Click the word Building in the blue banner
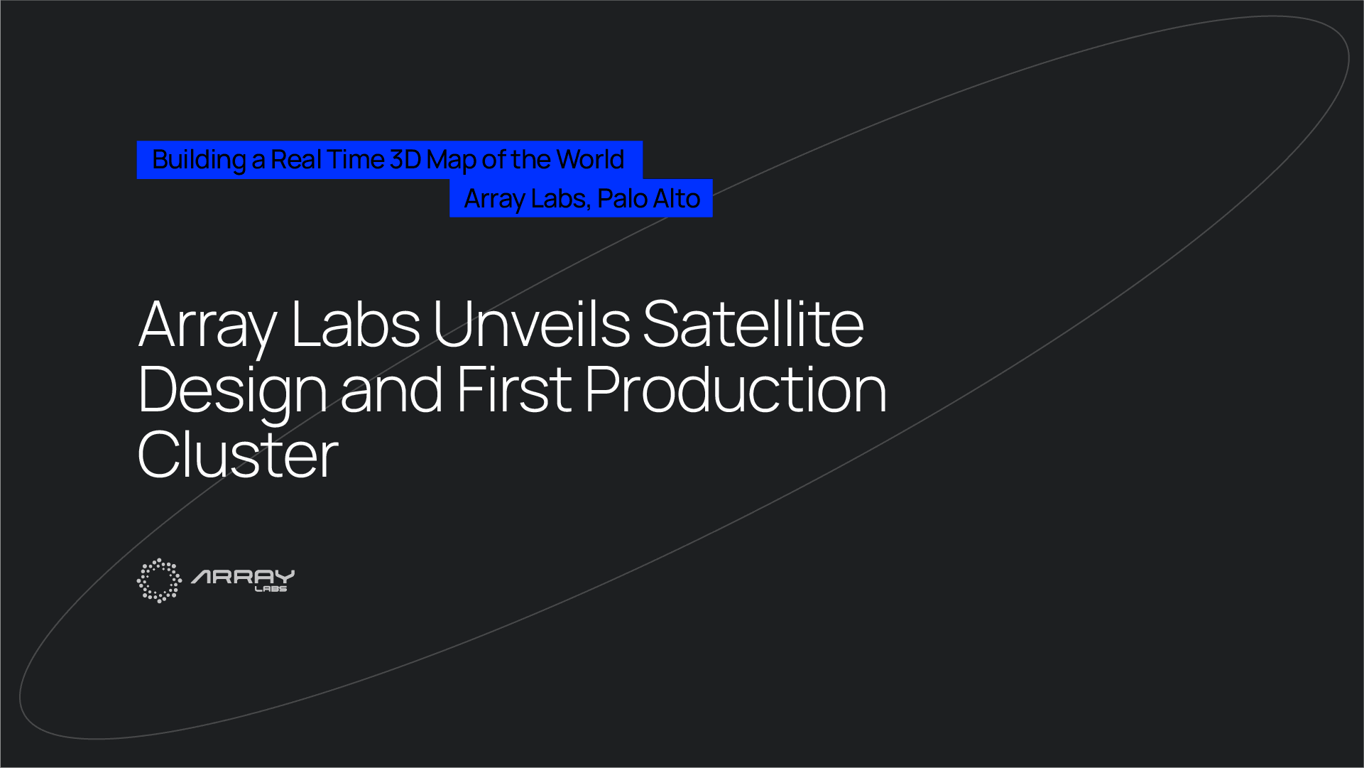point(199,161)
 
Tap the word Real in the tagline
point(296,160)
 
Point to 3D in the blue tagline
point(405,160)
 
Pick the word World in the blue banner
point(590,160)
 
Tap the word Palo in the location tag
point(622,199)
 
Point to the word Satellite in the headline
point(753,325)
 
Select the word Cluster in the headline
point(238,455)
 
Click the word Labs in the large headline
point(355,325)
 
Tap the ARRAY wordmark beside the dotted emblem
point(243,576)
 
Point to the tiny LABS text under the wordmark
point(271,589)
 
